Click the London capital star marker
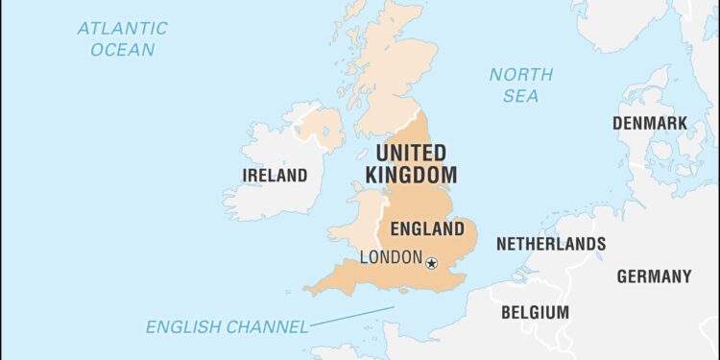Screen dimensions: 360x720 tap(431, 262)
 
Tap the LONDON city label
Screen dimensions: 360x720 tap(390, 257)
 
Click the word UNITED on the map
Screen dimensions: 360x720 tap(411, 154)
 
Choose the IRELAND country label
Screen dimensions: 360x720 tap(276, 176)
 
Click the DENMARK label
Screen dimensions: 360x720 tap(650, 123)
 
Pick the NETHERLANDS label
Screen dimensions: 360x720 tap(550, 244)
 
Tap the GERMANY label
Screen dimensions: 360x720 tap(654, 276)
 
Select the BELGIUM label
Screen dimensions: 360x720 tap(535, 312)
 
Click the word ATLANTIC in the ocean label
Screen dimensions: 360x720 tap(121, 28)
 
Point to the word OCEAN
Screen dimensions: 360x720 tap(121, 50)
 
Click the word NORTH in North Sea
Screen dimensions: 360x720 tap(521, 74)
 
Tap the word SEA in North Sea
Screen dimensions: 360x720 tap(520, 96)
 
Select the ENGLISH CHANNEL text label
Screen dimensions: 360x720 tap(227, 327)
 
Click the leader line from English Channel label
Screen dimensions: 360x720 tap(351, 317)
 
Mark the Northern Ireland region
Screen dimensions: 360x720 tap(322, 130)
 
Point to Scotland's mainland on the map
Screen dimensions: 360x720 tap(384, 77)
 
